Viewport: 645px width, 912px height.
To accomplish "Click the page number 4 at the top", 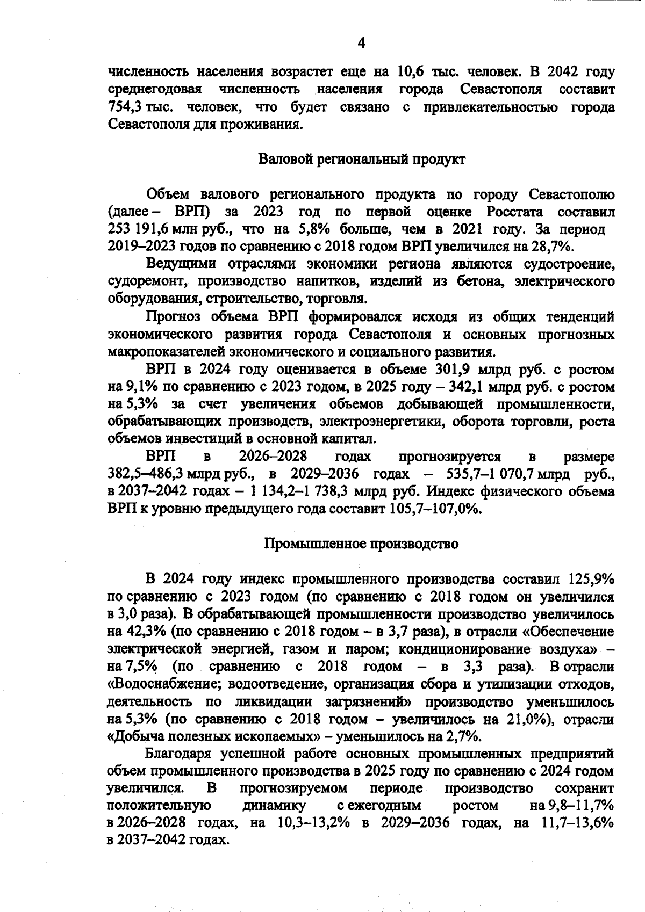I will [x=361, y=43].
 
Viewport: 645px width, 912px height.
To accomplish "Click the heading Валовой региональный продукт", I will [x=362, y=160].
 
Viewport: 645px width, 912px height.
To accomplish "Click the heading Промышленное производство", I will [x=362, y=544].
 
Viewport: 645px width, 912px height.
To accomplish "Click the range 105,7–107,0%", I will [x=434, y=509].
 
